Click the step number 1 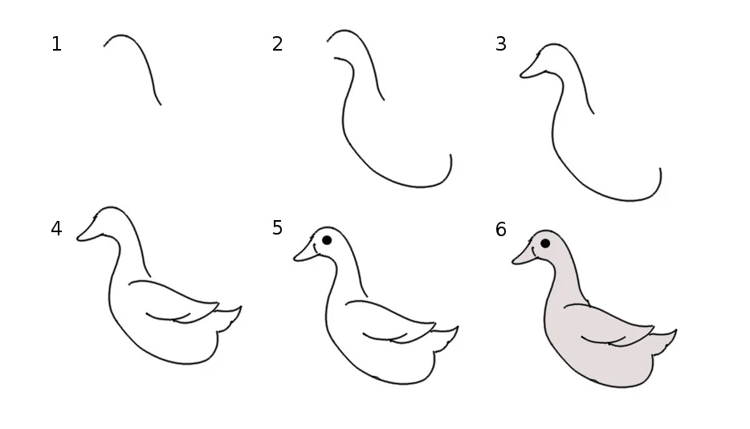click(56, 44)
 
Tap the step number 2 click(277, 44)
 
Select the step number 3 click(501, 44)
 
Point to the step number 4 click(56, 229)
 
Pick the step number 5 click(277, 228)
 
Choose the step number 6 click(501, 230)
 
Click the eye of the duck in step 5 click(327, 240)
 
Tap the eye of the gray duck click(544, 243)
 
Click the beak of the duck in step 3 click(532, 68)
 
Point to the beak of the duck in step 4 click(88, 231)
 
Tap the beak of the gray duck click(524, 255)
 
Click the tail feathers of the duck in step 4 click(229, 317)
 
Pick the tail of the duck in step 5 click(446, 338)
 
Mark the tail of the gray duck click(664, 341)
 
